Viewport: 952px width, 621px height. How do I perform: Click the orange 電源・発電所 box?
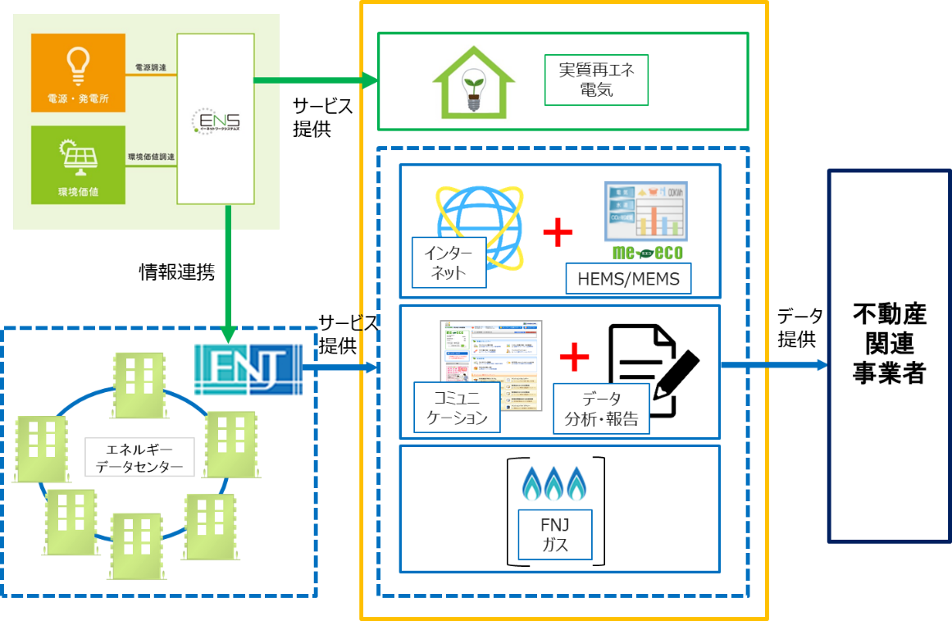[x=78, y=73]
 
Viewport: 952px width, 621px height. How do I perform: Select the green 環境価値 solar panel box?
[x=78, y=164]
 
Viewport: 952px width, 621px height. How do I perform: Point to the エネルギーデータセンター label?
[x=139, y=458]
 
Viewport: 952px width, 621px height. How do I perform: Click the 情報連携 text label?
[x=176, y=272]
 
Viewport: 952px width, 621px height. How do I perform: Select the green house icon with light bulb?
[x=473, y=82]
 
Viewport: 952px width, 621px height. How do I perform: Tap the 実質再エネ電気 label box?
[x=596, y=80]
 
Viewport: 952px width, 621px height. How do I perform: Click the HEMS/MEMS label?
[x=628, y=279]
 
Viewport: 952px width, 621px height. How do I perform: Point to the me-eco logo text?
[x=647, y=253]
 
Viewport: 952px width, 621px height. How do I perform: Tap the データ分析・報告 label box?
[x=601, y=409]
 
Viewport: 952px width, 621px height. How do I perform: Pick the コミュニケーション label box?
[x=457, y=408]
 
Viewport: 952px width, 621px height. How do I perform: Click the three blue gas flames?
[x=555, y=484]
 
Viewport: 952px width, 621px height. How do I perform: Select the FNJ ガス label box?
[x=555, y=534]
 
